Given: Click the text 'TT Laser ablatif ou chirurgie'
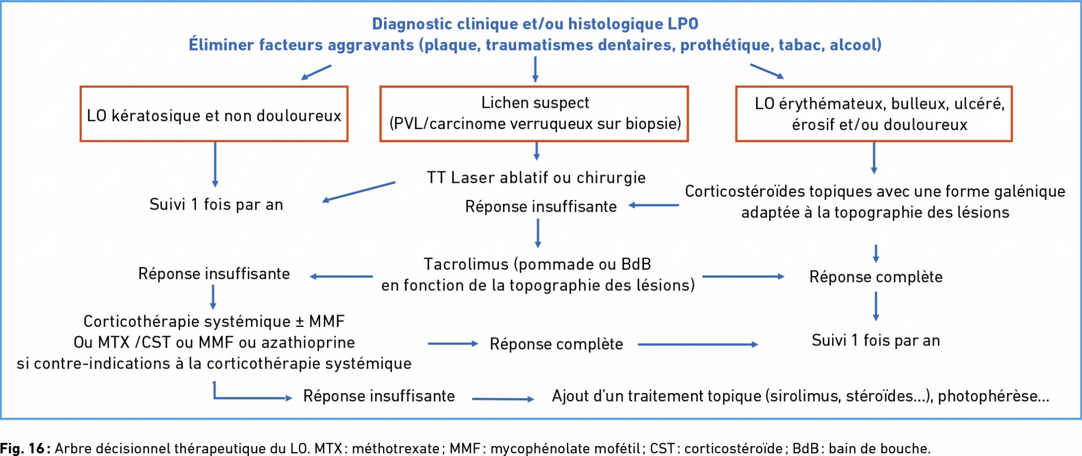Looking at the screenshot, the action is [x=536, y=178].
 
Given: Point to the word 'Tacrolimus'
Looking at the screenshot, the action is [x=467, y=264].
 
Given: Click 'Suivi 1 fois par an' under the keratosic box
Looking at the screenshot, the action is [x=216, y=204].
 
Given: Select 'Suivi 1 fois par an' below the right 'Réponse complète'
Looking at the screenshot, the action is [x=876, y=340].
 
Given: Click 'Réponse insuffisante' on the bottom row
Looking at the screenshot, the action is [x=379, y=396].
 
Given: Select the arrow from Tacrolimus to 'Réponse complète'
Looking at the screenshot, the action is [x=743, y=277].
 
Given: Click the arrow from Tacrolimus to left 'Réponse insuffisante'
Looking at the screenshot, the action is [x=341, y=277].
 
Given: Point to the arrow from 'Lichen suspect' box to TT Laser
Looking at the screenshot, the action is [x=536, y=151].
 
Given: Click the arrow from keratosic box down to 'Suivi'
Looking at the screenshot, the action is [x=215, y=165].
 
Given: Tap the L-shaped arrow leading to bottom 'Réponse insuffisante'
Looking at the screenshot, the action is [x=214, y=397].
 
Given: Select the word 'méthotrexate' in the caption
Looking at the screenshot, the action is [x=396, y=449].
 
